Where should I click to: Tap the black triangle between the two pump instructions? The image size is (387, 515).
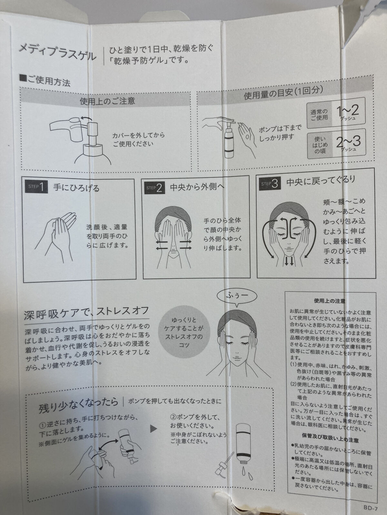pos(154,429)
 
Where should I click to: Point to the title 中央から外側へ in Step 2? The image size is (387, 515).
pos(197,187)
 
